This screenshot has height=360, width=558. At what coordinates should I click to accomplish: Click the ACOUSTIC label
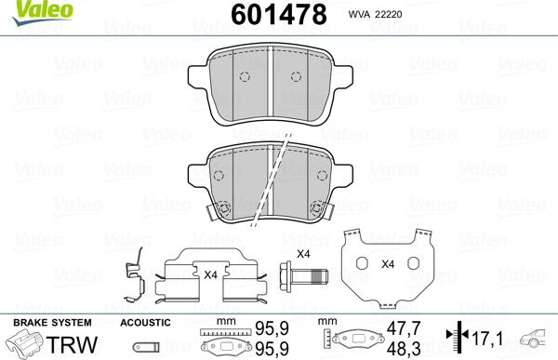pyautogui.click(x=145, y=322)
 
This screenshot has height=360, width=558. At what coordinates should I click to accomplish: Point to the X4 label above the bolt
pyautogui.click(x=302, y=254)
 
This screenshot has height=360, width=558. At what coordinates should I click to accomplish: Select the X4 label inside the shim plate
pyautogui.click(x=388, y=263)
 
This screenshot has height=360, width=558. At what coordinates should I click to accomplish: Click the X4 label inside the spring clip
pyautogui.click(x=210, y=273)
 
